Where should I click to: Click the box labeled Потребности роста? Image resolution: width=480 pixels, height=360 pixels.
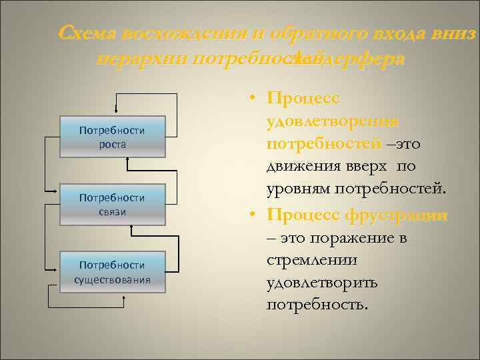(112, 137)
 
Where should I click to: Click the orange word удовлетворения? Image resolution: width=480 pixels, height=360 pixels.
(332, 121)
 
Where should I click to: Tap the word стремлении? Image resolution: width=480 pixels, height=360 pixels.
(312, 261)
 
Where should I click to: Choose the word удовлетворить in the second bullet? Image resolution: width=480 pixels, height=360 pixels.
(321, 284)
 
